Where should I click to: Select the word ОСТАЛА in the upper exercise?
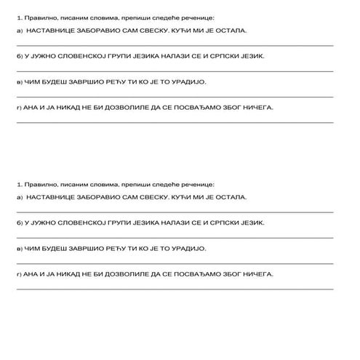click(x=230, y=32)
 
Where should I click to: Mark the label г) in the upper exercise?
click(x=18, y=108)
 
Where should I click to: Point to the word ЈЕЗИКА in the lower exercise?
click(x=143, y=221)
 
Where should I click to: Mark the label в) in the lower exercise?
click(x=18, y=248)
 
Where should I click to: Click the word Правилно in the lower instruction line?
click(x=38, y=184)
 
